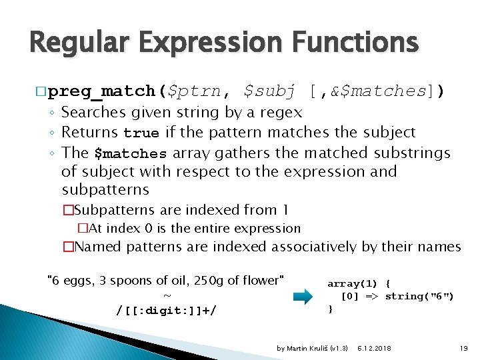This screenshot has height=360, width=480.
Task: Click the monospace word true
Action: click(141, 133)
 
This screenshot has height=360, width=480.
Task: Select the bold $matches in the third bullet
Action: click(131, 153)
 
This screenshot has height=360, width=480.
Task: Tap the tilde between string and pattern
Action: click(167, 295)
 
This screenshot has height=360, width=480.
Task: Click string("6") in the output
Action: click(419, 296)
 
